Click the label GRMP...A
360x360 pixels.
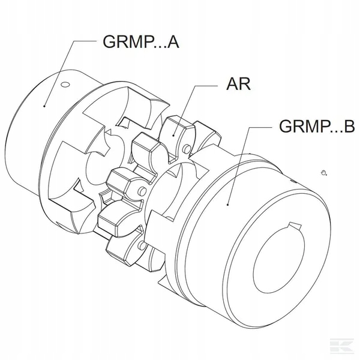(140, 41)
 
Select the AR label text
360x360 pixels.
(238, 84)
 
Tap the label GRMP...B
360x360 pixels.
(317, 126)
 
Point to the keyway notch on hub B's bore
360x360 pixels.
(295, 226)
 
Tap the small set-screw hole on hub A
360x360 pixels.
(65, 85)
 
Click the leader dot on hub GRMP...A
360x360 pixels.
(44, 106)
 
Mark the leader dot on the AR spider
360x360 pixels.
(173, 135)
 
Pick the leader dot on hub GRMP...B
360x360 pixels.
(228, 205)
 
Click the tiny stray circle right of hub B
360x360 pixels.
(324, 172)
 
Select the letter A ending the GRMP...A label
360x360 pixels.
(173, 42)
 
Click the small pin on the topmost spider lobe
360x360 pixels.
(187, 149)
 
